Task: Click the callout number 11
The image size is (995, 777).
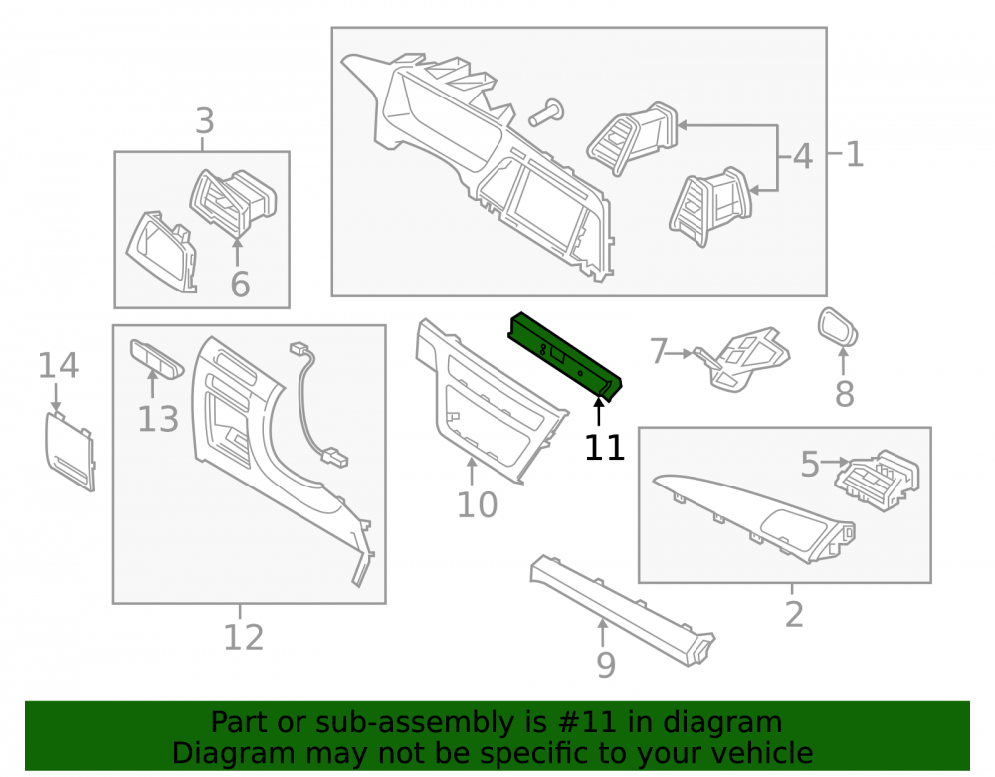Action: click(604, 447)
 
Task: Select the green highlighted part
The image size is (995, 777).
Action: click(564, 356)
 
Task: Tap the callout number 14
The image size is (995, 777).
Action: click(58, 365)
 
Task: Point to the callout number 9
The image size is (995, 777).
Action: click(606, 665)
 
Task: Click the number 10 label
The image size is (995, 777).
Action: click(477, 504)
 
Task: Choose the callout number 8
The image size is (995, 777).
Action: click(844, 394)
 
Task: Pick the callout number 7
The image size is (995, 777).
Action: click(659, 351)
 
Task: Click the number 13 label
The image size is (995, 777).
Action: click(158, 419)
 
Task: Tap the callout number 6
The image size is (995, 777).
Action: click(240, 284)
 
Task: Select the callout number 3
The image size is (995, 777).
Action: click(204, 120)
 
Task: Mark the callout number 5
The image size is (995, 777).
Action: click(810, 464)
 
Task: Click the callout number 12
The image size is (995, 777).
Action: click(243, 637)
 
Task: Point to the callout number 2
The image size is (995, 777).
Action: click(794, 614)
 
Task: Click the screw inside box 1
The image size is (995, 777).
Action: click(547, 112)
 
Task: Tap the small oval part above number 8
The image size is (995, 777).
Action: click(838, 327)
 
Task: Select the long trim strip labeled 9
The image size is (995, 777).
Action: click(623, 610)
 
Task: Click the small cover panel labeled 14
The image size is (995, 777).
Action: click(70, 451)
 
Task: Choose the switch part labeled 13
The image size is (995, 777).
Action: click(157, 358)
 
